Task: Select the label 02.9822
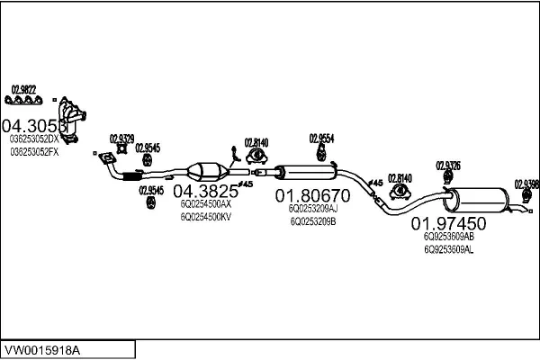(x=23, y=88)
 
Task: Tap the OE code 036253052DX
(x=33, y=139)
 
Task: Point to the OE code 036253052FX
(x=33, y=152)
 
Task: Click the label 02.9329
(x=121, y=138)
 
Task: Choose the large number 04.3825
(x=205, y=191)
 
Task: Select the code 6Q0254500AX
(x=206, y=204)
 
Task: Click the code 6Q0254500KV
(x=206, y=217)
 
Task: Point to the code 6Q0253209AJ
(x=313, y=208)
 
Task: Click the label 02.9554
(x=321, y=138)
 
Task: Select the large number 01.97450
(x=448, y=222)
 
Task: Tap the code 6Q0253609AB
(x=448, y=237)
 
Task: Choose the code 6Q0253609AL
(x=448, y=249)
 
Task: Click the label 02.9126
(x=448, y=165)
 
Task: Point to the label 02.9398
(x=526, y=184)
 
